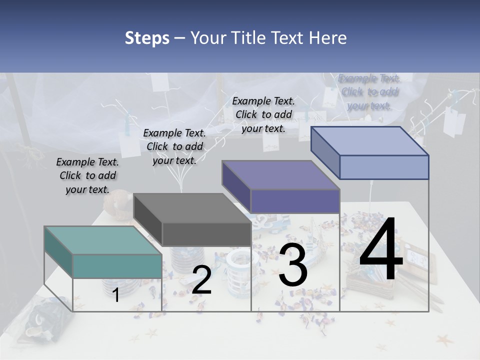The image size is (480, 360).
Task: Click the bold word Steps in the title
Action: (x=147, y=38)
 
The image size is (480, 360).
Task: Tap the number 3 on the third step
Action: (x=292, y=266)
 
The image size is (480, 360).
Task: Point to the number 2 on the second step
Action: (x=201, y=280)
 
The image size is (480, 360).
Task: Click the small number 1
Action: (x=115, y=295)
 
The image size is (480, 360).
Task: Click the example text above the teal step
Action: (x=87, y=175)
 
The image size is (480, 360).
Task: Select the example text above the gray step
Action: (x=174, y=146)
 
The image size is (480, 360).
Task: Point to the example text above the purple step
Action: (x=263, y=114)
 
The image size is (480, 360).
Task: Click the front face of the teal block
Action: (x=117, y=266)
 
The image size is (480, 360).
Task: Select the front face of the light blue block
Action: (x=384, y=167)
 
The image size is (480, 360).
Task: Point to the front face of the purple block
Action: (x=295, y=201)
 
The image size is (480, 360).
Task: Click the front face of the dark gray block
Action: (x=206, y=234)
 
